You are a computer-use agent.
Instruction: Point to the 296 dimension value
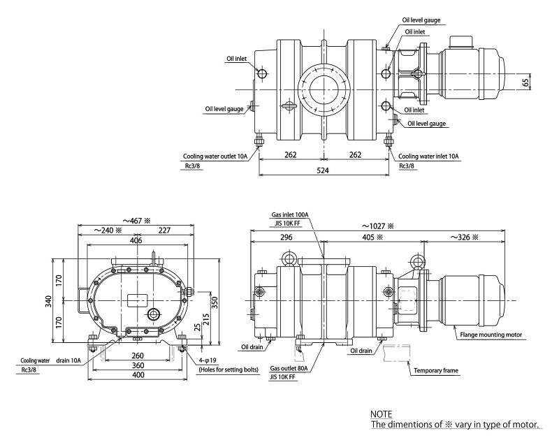288,237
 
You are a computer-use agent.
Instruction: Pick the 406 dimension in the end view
136,240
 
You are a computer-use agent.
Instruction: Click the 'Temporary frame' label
436,370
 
